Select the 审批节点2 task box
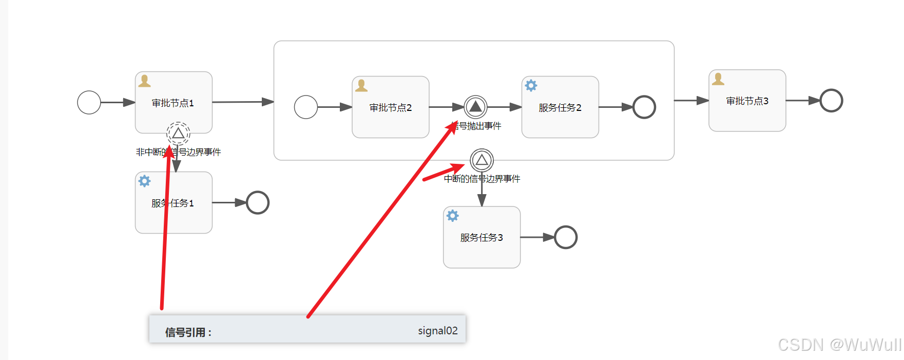[x=390, y=107]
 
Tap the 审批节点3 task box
[x=747, y=101]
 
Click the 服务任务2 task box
[x=560, y=107]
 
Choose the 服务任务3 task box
[x=482, y=237]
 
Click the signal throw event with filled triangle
[x=475, y=107]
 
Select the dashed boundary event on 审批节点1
[x=178, y=134]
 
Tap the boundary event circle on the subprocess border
[x=482, y=160]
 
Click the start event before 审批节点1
[x=89, y=102]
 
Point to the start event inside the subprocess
[x=306, y=107]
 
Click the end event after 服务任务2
[x=644, y=107]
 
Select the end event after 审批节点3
[x=831, y=100]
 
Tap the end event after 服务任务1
[x=258, y=202]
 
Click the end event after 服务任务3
[x=566, y=237]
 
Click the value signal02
[x=437, y=331]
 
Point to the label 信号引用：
[x=188, y=332]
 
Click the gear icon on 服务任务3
[x=452, y=216]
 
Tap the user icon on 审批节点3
[x=718, y=79]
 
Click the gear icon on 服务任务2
[x=531, y=85]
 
